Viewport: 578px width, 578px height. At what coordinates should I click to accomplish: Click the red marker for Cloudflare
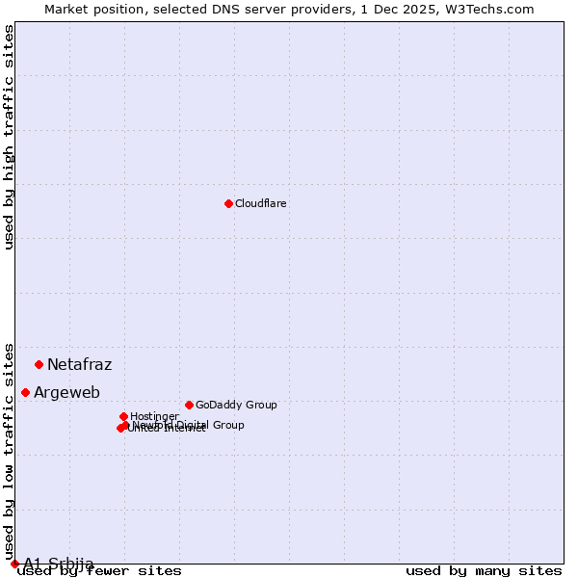[228, 203]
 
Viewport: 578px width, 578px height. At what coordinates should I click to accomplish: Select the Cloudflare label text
[261, 203]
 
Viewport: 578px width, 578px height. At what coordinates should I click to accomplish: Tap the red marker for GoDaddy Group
[189, 405]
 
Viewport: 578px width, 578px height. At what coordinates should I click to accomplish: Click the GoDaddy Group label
[236, 405]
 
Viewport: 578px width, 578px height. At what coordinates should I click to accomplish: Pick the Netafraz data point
[39, 364]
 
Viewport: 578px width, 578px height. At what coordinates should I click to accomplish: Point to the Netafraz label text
[80, 364]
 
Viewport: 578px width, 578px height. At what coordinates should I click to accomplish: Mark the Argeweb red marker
[26, 392]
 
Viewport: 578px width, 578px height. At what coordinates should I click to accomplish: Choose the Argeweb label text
[66, 392]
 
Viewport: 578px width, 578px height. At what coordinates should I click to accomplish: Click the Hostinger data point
[124, 416]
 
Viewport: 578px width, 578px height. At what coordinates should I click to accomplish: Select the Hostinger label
[154, 416]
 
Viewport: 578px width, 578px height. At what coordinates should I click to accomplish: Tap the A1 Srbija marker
[14, 564]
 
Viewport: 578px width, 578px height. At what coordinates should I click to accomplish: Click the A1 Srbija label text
[59, 564]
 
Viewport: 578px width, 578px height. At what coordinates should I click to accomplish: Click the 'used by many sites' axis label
[484, 570]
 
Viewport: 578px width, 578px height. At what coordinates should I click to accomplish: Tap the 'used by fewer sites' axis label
[100, 570]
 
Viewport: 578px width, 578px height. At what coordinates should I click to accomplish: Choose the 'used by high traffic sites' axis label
[9, 137]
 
